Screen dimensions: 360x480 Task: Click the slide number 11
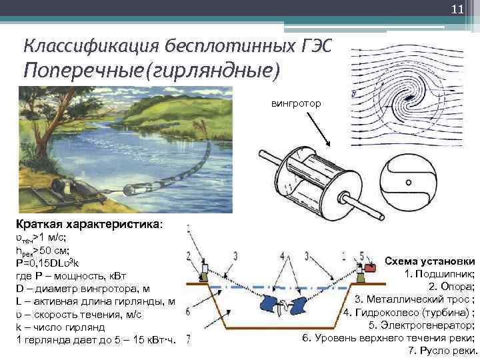[457, 9]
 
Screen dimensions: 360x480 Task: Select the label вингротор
[296, 105]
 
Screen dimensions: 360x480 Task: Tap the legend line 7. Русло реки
[441, 351]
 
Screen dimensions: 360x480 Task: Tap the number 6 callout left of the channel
[189, 311]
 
